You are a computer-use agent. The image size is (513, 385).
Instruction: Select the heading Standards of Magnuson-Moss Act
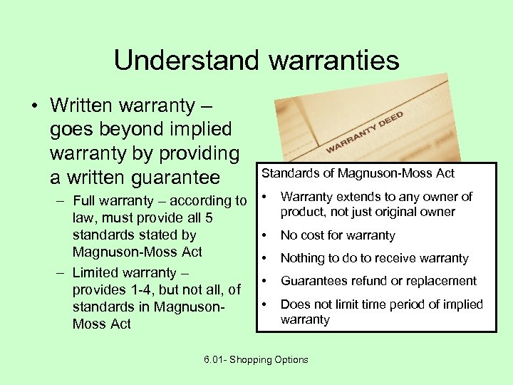tap(358, 173)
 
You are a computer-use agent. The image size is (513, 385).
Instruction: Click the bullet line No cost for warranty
tap(338, 235)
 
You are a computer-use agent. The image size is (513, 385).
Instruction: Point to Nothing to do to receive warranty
tap(374, 258)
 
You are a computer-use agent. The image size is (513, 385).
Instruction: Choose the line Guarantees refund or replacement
tap(378, 281)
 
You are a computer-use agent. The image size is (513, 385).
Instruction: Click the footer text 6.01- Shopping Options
tap(256, 359)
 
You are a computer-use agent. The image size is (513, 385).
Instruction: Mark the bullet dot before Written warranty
tap(34, 106)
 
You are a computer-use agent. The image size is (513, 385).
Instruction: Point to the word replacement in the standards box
tap(442, 281)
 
